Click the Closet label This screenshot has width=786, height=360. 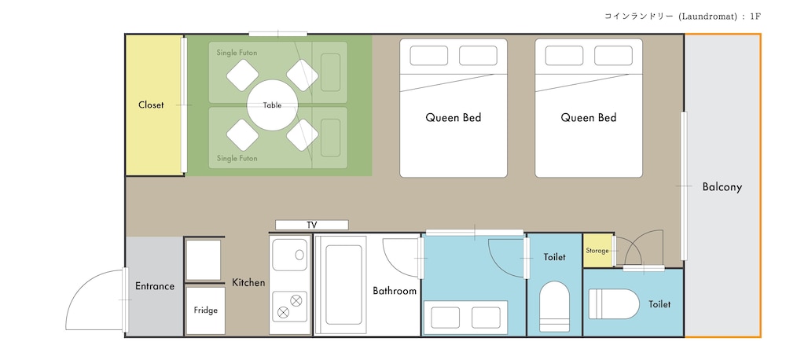pos(151,105)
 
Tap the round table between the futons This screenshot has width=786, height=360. pos(273,105)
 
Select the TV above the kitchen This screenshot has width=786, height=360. pos(312,225)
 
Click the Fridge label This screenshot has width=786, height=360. pos(206,310)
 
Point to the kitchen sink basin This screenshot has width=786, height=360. pos(289,255)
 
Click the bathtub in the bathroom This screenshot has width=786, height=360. pos(343,285)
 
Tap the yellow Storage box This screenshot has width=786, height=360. pos(598,250)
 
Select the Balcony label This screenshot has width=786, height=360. pos(722,188)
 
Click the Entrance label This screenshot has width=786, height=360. pos(155,286)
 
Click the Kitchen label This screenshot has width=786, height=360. pos(248,283)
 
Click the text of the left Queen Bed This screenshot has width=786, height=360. pos(454,118)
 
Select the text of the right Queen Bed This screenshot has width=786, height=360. pos(589,118)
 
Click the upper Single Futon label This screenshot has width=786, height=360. pos(237,53)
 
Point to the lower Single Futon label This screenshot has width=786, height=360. pos(237,159)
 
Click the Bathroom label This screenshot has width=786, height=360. pos(395,291)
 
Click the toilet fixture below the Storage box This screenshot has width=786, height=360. pos(614,304)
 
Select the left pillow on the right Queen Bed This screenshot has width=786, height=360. pos(564,56)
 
